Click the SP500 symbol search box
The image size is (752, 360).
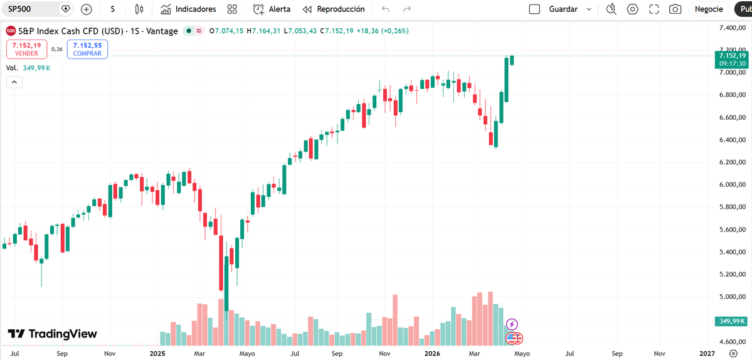(x=31, y=9)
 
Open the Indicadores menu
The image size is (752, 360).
(x=188, y=9)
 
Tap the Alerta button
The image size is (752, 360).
(x=272, y=9)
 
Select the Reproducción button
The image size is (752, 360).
(x=334, y=9)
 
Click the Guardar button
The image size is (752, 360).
(x=563, y=9)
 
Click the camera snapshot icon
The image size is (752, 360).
(x=675, y=9)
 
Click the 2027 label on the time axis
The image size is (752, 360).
(x=706, y=353)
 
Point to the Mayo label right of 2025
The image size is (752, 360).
(x=247, y=353)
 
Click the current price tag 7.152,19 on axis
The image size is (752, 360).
(x=732, y=56)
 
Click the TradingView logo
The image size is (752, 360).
(x=53, y=334)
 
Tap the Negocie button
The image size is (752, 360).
(x=709, y=9)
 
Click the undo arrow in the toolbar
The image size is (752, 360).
(x=386, y=9)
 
